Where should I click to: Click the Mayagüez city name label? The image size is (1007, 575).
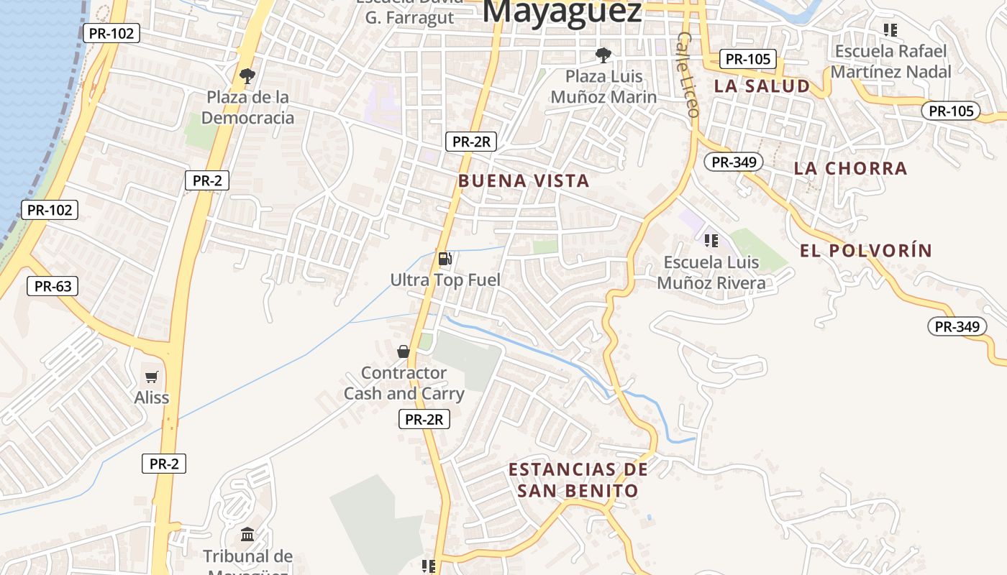click(x=562, y=11)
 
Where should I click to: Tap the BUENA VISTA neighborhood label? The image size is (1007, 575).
click(x=524, y=180)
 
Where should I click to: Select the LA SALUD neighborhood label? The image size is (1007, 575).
click(x=762, y=86)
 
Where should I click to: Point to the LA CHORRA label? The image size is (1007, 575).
click(x=850, y=168)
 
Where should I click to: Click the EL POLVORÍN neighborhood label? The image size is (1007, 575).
click(x=866, y=250)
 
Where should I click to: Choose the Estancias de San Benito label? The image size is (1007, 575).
click(x=578, y=480)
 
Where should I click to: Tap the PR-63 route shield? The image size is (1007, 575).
click(x=53, y=286)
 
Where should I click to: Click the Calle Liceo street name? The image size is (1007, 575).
click(x=688, y=74)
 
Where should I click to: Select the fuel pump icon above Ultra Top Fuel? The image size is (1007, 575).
click(x=445, y=259)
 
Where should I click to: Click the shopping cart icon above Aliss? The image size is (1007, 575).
click(x=152, y=377)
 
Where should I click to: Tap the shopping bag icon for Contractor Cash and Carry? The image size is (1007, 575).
click(x=404, y=351)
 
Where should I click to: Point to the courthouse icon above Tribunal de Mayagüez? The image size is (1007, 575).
click(x=248, y=534)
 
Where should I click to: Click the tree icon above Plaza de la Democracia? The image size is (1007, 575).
click(x=247, y=75)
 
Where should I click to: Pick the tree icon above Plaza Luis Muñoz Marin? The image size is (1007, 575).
click(x=603, y=54)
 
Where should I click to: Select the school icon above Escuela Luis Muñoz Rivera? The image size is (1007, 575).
click(x=711, y=240)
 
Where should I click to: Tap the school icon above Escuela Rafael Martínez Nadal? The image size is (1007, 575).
click(x=890, y=30)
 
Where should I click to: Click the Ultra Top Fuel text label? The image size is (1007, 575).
click(x=445, y=280)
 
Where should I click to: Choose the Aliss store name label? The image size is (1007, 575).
click(x=152, y=397)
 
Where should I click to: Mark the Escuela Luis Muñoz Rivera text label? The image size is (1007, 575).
click(x=711, y=272)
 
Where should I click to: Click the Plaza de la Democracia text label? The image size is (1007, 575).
click(x=247, y=107)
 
